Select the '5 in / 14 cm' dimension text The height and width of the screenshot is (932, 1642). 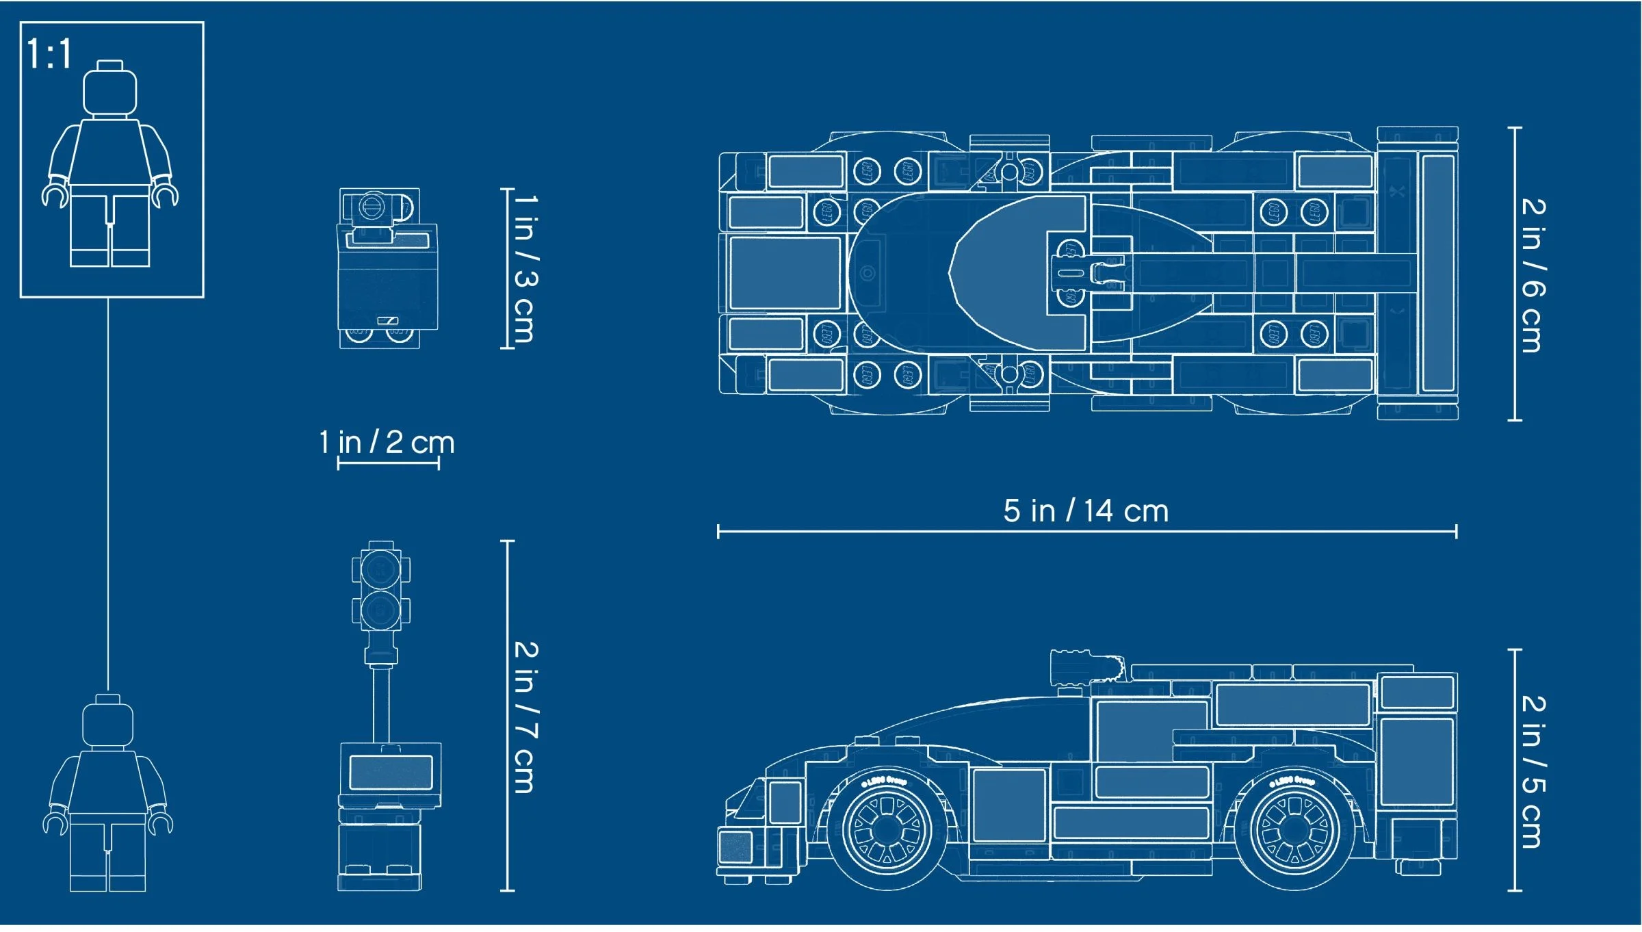tap(1086, 511)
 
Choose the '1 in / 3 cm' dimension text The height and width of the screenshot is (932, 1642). tap(525, 268)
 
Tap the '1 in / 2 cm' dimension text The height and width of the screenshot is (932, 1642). tap(387, 442)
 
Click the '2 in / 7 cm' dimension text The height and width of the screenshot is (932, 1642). tap(525, 717)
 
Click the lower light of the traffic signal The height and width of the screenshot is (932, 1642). tap(380, 609)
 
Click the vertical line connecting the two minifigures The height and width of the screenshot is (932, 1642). tap(107, 493)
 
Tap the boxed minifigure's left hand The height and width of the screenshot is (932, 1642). tap(55, 194)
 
